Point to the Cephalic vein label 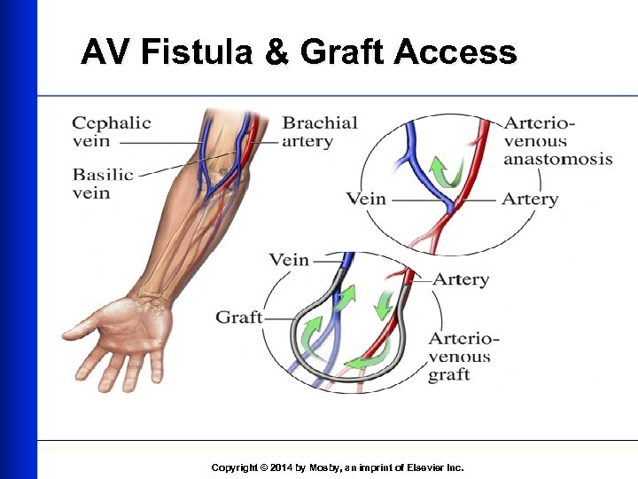point(111,131)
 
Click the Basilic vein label point(103,183)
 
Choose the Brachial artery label point(320,131)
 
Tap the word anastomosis point(557,160)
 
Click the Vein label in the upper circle point(366,199)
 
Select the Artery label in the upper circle point(529,199)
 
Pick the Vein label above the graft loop point(289,260)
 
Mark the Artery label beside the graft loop point(460,279)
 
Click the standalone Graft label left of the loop point(239,317)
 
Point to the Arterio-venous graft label point(463,356)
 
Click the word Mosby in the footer point(325,467)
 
